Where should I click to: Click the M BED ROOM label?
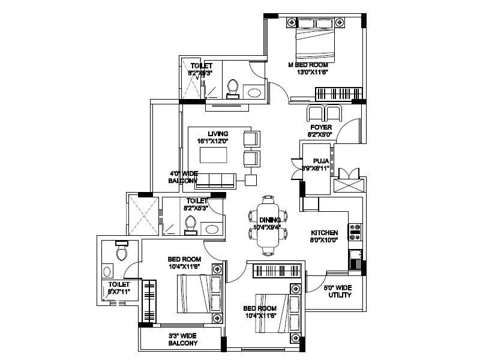tap(308, 64)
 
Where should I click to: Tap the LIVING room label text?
tap(214, 134)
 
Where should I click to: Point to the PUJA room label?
tap(320, 161)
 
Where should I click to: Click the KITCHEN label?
tap(324, 233)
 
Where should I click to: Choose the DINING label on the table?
tap(266, 220)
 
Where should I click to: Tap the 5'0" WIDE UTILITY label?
tap(338, 292)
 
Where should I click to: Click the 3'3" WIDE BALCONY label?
tap(183, 340)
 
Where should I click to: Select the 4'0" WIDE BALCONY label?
tap(183, 176)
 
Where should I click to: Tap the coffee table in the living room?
tap(214, 154)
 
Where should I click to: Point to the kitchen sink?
tap(355, 259)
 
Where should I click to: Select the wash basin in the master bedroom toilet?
tap(255, 92)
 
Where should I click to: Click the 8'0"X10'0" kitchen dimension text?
tap(325, 241)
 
